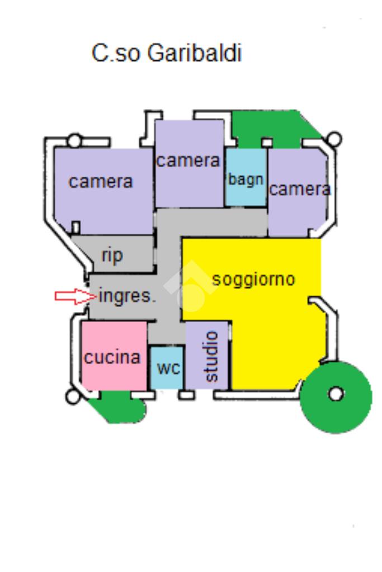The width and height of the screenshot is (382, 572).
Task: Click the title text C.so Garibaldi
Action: [167, 54]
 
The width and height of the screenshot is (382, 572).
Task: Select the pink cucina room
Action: [114, 356]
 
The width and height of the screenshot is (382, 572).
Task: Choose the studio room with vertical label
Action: [209, 356]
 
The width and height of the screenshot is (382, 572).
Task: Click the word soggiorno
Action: [253, 278]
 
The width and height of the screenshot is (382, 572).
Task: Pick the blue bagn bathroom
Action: [246, 179]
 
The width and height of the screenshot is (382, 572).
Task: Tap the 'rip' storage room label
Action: [112, 256]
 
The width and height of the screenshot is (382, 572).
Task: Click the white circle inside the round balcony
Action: [336, 394]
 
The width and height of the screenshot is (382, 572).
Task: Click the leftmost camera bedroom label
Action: [101, 181]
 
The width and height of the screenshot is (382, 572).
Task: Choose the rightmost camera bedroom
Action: [298, 190]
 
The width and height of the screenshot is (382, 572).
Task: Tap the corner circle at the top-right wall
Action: [334, 139]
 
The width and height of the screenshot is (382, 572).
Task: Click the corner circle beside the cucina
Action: [73, 397]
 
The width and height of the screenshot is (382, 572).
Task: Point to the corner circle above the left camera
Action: [74, 140]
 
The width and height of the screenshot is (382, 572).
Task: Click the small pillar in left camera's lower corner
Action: [76, 227]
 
